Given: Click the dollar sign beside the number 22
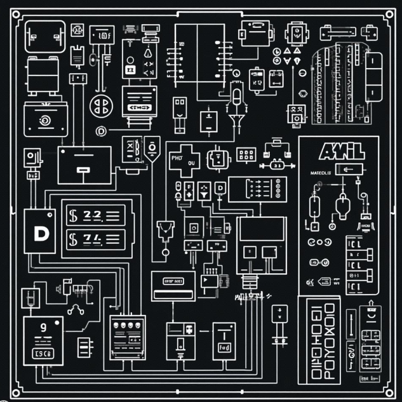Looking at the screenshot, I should (73, 215).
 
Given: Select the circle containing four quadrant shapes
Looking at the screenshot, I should (101, 105).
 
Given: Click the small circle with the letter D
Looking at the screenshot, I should (100, 131).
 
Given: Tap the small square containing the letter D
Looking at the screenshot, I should (220, 189).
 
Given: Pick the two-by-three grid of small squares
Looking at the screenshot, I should (246, 154).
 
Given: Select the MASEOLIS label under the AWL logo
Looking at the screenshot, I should (321, 171).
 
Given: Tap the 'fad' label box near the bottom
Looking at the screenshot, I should (224, 348).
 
